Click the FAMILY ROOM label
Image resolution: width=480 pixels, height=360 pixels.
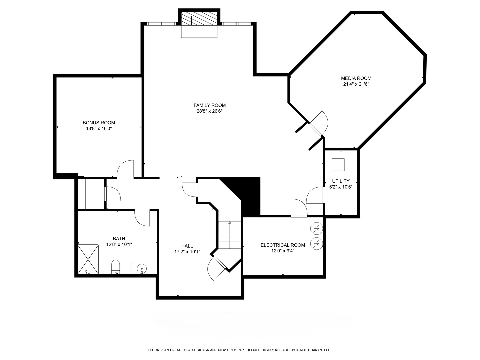click(x=209, y=105)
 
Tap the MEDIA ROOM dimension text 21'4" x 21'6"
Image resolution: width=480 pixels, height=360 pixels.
click(x=356, y=84)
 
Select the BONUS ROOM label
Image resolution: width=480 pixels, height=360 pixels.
click(x=99, y=123)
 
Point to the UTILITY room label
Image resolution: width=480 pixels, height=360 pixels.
click(x=341, y=181)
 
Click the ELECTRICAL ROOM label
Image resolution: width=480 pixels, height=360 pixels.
click(x=283, y=245)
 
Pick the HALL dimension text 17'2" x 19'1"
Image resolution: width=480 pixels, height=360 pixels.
click(x=187, y=252)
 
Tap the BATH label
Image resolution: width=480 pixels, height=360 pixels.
click(x=119, y=238)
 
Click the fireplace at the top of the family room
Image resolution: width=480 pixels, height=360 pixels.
click(x=199, y=20)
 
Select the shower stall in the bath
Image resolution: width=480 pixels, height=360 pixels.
click(x=88, y=259)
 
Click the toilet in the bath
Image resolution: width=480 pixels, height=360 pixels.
click(x=115, y=266)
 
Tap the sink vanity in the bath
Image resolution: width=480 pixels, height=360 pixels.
click(x=142, y=268)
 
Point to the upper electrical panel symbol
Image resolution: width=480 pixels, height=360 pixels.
click(x=316, y=228)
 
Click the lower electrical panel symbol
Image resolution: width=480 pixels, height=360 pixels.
click(x=316, y=243)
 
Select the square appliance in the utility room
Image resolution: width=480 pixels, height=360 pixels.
click(x=338, y=165)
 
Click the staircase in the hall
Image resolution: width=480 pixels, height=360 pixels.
click(x=230, y=235)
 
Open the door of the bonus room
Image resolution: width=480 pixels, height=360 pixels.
click(x=126, y=170)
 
